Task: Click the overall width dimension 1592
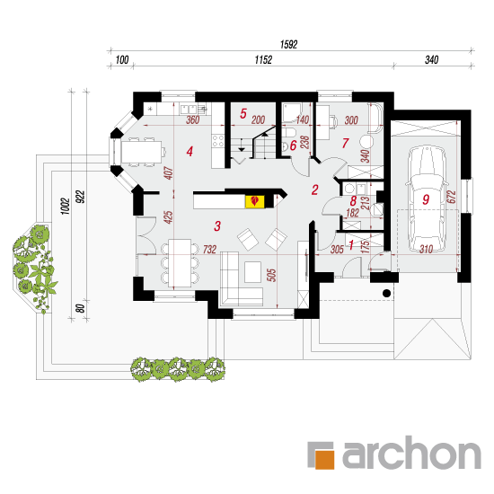(x=288, y=44)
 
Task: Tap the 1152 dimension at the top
(x=263, y=59)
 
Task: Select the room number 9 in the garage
(x=426, y=199)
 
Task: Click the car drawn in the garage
(x=427, y=201)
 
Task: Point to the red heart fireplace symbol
(x=254, y=200)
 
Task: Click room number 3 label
(x=217, y=225)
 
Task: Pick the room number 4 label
(x=190, y=152)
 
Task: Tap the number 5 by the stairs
(x=243, y=113)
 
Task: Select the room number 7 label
(x=345, y=143)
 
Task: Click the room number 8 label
(x=353, y=200)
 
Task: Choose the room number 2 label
(x=314, y=190)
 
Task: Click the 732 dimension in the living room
(x=209, y=249)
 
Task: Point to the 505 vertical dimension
(x=271, y=275)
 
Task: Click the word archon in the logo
(x=411, y=452)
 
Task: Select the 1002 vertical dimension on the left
(x=65, y=207)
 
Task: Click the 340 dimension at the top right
(x=432, y=59)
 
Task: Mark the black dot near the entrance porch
(x=386, y=294)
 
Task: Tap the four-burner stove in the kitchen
(x=217, y=140)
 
